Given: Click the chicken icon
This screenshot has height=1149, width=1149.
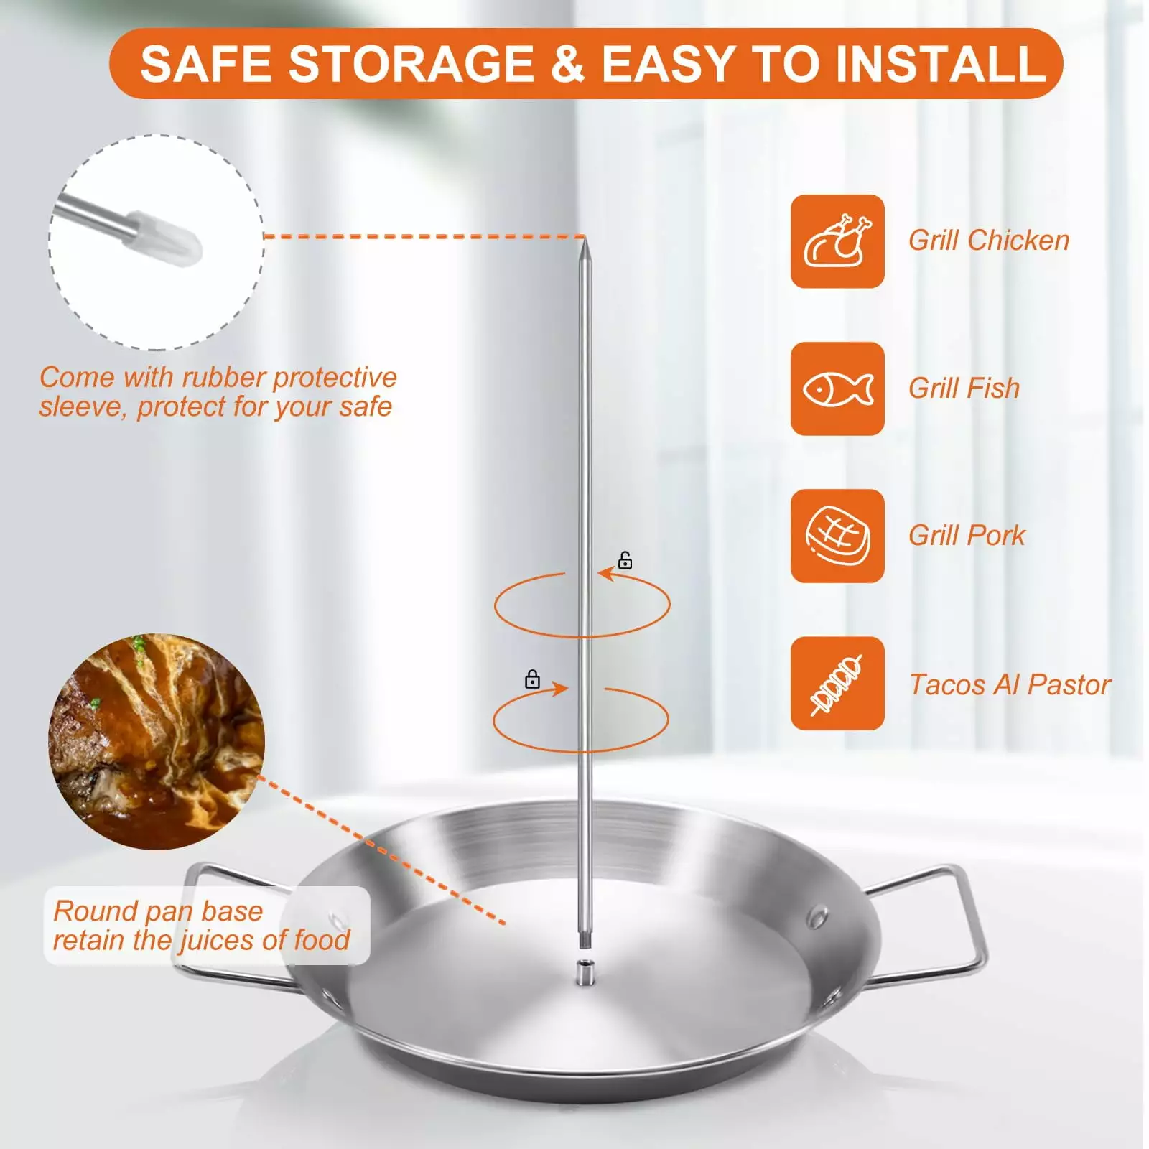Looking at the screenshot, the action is click(x=837, y=241).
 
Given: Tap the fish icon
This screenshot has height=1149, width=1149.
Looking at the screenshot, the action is click(x=837, y=389).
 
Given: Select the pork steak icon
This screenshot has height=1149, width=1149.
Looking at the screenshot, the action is click(x=837, y=536).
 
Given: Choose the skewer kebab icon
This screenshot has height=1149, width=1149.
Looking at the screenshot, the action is click(x=837, y=684).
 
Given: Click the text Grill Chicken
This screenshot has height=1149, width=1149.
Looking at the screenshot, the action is click(x=989, y=241).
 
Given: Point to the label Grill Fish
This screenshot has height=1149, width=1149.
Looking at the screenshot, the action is click(x=964, y=389).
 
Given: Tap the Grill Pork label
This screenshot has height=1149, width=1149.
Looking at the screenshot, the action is click(x=967, y=536).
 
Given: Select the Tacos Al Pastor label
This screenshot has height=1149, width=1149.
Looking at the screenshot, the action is click(x=1010, y=685).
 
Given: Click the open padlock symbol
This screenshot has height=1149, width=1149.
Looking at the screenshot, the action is click(x=625, y=560).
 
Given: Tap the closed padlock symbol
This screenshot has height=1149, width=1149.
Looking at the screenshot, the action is click(x=532, y=679).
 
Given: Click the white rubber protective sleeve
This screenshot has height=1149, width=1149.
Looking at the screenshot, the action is click(x=164, y=240).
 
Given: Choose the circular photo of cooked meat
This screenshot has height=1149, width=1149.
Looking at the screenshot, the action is click(x=157, y=741).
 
